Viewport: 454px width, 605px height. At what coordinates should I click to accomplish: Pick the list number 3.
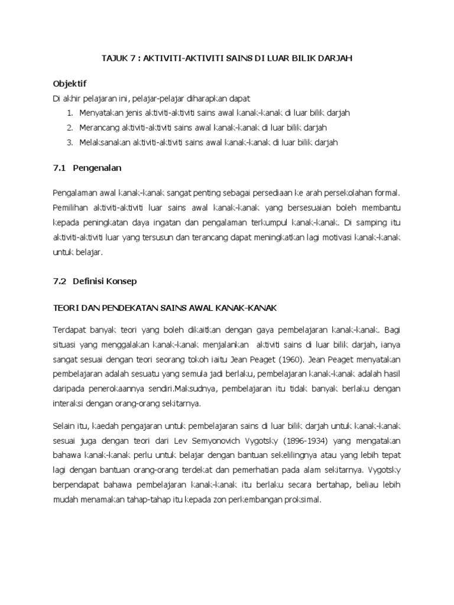69,142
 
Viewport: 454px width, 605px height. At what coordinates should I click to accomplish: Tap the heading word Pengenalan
97,168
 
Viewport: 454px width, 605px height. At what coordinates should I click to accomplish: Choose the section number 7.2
59,281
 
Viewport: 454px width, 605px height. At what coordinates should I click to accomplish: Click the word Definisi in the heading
88,281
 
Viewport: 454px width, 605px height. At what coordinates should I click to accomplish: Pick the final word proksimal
301,499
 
